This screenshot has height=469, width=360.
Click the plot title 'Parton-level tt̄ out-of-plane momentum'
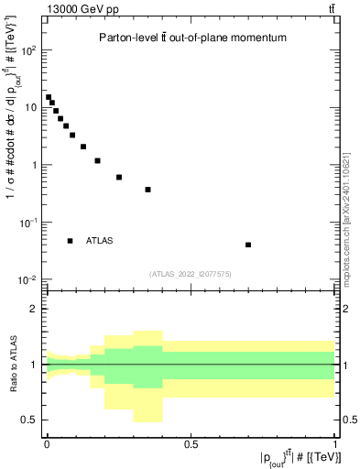tap(193, 38)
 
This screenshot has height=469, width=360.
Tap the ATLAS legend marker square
tap(70, 241)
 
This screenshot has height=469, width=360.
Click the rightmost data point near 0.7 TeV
tap(248, 245)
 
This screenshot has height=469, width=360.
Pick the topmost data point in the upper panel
tap(49, 97)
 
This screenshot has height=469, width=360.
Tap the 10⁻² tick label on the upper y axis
tap(28, 279)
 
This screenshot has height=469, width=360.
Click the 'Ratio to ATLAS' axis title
tap(13, 364)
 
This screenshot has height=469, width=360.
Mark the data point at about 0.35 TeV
tap(147, 190)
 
